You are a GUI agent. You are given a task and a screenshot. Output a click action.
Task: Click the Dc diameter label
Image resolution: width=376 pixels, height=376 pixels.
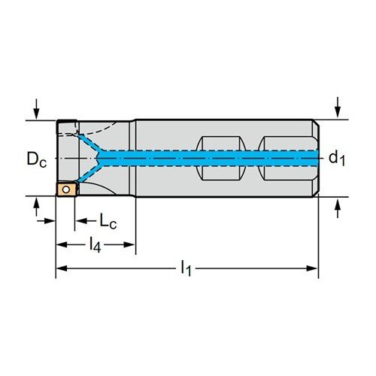click(37, 159)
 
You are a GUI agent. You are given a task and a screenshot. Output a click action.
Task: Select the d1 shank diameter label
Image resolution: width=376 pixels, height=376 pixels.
click(337, 158)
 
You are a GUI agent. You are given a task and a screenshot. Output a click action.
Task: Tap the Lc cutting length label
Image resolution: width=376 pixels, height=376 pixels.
click(108, 221)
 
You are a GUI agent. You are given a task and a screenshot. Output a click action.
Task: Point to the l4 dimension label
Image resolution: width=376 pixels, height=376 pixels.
click(96, 245)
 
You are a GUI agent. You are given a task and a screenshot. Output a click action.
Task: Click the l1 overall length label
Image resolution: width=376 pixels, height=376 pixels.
click(186, 268)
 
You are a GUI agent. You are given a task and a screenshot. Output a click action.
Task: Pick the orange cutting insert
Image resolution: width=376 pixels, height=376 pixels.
click(66, 190)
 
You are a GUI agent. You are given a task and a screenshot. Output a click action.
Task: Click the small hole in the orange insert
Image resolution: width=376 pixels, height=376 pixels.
click(66, 190)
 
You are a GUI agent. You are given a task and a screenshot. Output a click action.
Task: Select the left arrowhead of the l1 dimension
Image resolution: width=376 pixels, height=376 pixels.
click(62, 268)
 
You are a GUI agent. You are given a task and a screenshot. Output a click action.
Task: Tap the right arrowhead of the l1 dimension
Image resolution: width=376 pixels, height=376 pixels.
click(312, 268)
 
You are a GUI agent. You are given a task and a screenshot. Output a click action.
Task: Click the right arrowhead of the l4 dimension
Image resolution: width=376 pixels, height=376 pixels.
click(130, 244)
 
